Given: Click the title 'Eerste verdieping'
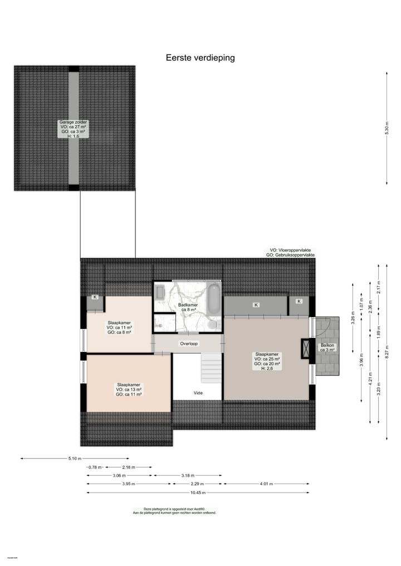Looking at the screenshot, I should point(200,57).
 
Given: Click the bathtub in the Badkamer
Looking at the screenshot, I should point(213,299).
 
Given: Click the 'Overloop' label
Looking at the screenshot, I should point(188,343).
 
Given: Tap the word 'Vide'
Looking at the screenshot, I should point(198,393).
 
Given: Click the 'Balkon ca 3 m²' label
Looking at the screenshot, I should point(327,348).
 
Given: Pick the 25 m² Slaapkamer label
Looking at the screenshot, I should point(267,361).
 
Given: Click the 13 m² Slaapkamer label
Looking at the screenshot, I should point(129,389).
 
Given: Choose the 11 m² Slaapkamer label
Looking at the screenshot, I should point(119,327).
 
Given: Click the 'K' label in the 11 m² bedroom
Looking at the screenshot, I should point(95,297).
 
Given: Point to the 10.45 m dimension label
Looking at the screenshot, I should point(198,493).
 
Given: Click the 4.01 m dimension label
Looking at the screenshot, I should point(266,484).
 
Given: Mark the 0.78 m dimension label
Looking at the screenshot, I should point(95,467).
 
